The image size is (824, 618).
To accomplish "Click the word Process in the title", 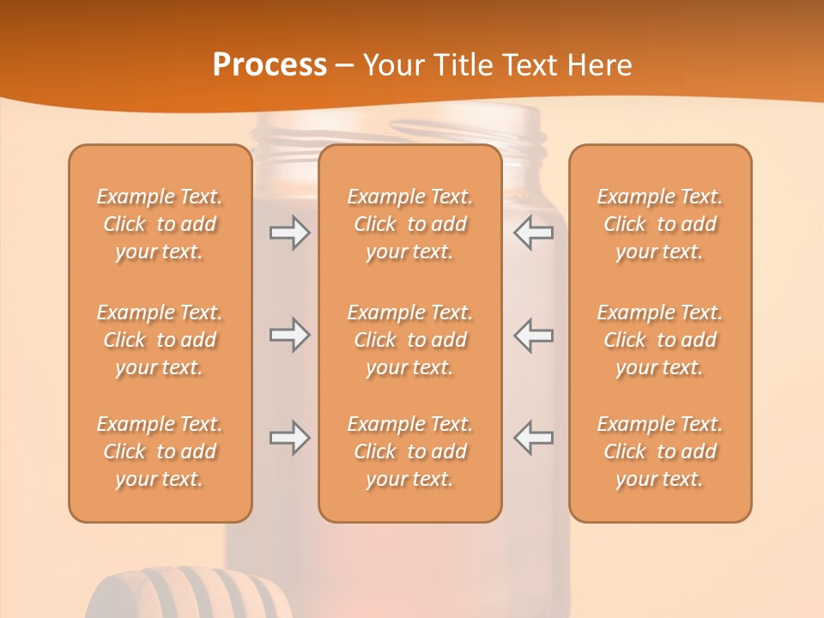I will (x=270, y=65).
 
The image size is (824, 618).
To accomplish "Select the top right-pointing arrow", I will (x=290, y=233).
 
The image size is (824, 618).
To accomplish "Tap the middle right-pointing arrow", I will (x=290, y=335).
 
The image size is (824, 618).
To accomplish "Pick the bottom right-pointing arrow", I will (x=290, y=438).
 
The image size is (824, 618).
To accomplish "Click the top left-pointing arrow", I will (x=534, y=233).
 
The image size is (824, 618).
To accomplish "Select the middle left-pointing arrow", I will (x=534, y=335).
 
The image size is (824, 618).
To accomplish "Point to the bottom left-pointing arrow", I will (x=534, y=438).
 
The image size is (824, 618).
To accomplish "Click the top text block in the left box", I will (x=160, y=224).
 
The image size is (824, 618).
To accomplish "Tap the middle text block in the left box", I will (x=160, y=340).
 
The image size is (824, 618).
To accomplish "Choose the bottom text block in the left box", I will (x=160, y=451).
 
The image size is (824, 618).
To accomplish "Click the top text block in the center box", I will (x=409, y=224).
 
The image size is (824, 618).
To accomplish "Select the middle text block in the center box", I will (x=409, y=340).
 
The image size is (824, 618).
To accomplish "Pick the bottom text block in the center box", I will (x=409, y=451).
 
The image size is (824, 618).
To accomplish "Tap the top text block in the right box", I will (x=659, y=224).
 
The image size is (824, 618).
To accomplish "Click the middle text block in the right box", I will (x=659, y=340).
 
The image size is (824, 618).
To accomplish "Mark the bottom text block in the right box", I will (x=659, y=451).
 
